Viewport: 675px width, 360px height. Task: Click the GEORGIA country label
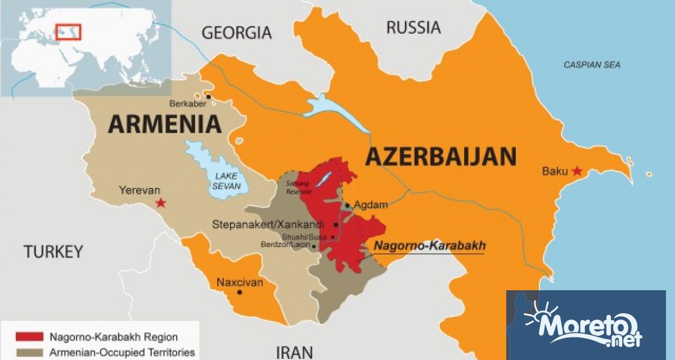pyautogui.click(x=236, y=33)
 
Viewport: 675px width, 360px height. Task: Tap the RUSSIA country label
pyautogui.click(x=413, y=27)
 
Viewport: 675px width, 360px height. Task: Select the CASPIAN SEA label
pyautogui.click(x=592, y=65)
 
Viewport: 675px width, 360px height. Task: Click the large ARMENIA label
pyautogui.click(x=164, y=124)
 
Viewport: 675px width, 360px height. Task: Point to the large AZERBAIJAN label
pyautogui.click(x=440, y=156)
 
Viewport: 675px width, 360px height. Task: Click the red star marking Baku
pyautogui.click(x=577, y=171)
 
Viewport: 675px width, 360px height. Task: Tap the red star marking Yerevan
pyautogui.click(x=161, y=202)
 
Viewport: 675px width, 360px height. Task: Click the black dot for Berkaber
pyautogui.click(x=208, y=97)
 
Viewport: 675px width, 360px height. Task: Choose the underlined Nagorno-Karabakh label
pyautogui.click(x=430, y=246)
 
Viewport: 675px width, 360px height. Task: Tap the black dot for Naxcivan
pyautogui.click(x=240, y=292)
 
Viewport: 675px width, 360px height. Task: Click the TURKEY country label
pyautogui.click(x=53, y=252)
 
